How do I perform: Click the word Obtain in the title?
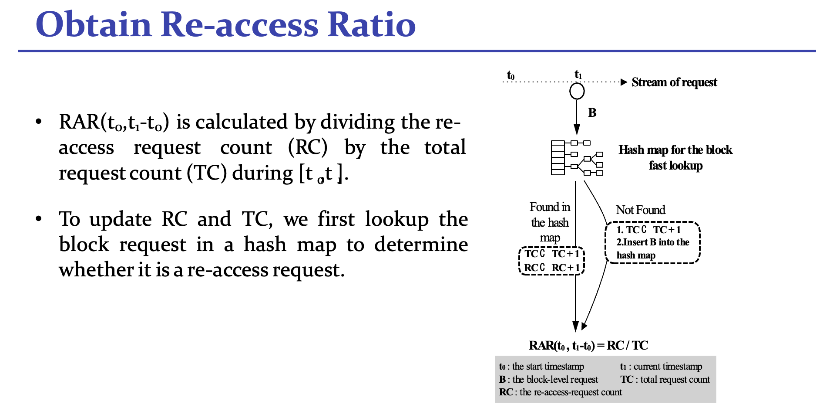(94, 24)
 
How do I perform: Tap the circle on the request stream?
(577, 91)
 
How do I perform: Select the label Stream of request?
(674, 82)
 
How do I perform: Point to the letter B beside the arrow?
(592, 113)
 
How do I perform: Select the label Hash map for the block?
(675, 150)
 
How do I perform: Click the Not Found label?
(641, 210)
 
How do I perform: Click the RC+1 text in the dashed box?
(566, 268)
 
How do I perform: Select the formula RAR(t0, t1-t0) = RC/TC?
(588, 346)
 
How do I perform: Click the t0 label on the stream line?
(511, 75)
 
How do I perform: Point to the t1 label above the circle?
(578, 75)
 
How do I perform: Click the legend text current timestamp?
(668, 367)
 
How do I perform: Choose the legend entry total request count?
(675, 380)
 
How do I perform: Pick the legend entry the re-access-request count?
(571, 392)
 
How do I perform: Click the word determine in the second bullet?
(421, 245)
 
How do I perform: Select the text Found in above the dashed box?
(550, 207)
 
